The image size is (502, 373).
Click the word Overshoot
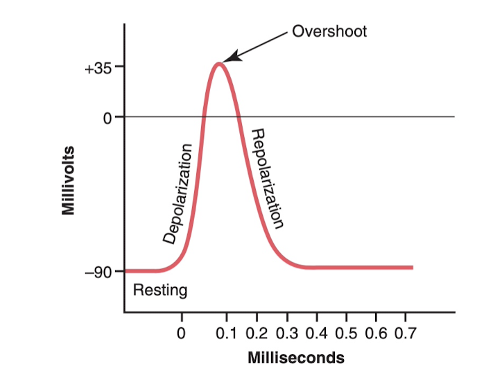click(329, 31)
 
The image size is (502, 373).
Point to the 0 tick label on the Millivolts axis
click(107, 117)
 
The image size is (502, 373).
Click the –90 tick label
click(98, 272)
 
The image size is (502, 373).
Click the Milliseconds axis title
click(296, 358)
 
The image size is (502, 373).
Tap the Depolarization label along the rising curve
click(178, 193)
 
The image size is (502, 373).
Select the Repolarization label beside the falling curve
click(267, 178)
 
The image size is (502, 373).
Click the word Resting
click(159, 290)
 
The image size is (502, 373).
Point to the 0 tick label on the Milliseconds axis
click(182, 334)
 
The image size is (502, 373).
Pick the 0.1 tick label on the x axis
click(226, 334)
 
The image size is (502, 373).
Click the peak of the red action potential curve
click(219, 64)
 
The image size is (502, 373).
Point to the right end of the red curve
click(412, 268)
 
